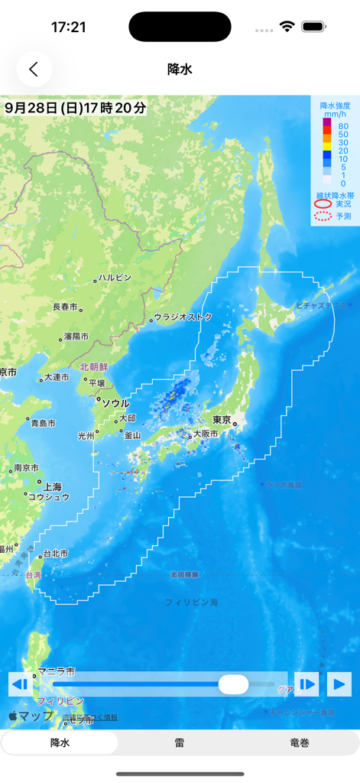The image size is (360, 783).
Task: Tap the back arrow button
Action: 34,69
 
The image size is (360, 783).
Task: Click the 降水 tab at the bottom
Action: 60,742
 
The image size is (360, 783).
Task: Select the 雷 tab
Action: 180,742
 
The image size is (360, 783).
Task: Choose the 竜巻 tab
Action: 300,742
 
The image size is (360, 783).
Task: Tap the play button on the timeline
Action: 339,684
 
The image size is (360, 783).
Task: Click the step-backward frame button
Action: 20,684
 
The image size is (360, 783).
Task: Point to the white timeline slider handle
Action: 233,684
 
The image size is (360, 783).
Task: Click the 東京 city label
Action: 222,419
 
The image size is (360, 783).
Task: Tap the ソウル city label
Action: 115,403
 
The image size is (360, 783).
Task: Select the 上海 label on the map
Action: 53,486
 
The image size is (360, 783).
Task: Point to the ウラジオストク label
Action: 183,317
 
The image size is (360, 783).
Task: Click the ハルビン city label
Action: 115,278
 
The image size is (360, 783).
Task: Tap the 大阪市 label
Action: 205,434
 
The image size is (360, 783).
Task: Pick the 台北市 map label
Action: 55,553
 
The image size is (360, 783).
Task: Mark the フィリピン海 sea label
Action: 192,603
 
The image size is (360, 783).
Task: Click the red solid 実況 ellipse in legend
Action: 323,204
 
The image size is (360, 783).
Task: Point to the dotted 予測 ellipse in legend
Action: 323,216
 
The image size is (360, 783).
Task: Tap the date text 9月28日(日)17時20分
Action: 75,108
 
